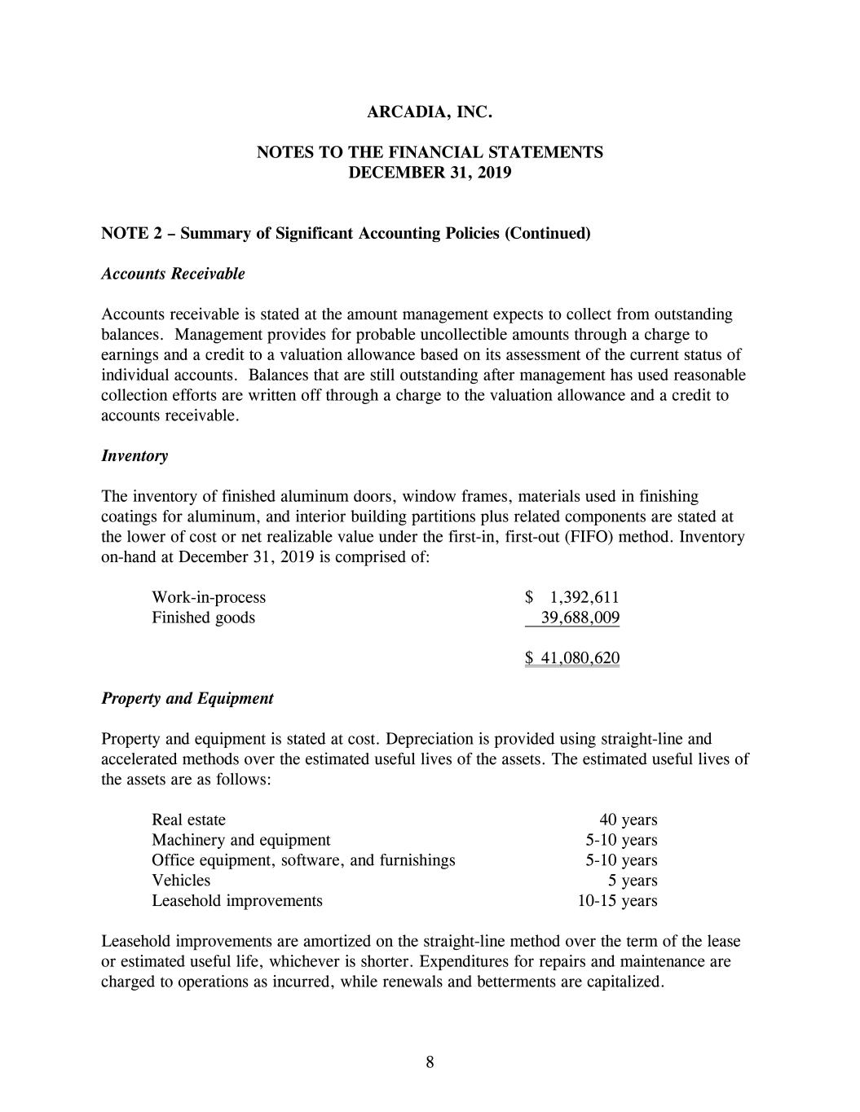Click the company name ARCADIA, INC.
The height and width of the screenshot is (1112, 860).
430,112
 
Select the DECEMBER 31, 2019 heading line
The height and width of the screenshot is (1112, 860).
430,173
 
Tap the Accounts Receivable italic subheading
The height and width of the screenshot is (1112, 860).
173,274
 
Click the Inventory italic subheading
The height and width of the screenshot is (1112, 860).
135,455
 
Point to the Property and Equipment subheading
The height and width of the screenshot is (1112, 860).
187,698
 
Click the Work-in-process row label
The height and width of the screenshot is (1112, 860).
209,597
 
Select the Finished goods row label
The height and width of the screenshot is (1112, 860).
203,618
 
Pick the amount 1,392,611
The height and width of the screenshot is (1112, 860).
584,597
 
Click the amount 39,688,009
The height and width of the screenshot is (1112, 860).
580,618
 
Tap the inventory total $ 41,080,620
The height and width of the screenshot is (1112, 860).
572,658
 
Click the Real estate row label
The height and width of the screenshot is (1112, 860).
188,820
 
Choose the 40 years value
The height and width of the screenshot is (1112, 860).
628,820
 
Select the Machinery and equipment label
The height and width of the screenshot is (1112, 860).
241,840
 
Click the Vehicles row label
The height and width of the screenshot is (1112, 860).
181,881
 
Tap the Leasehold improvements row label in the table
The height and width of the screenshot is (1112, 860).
237,901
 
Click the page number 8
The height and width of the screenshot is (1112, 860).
430,1061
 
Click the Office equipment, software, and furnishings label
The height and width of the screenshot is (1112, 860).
303,860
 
